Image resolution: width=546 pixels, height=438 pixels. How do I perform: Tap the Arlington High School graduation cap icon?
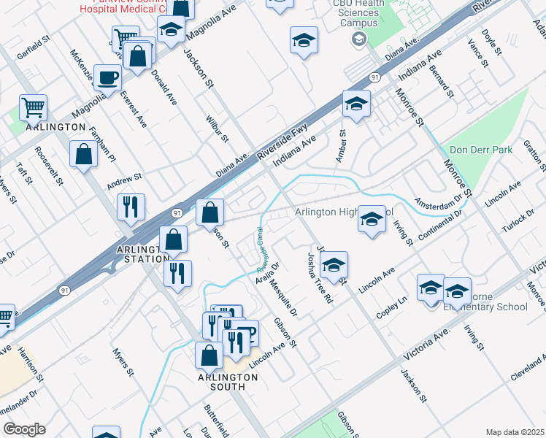pos(372,220)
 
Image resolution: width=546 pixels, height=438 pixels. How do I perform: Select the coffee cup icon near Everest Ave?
pos(108,77)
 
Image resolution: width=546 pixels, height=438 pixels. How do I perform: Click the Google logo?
pos(24,429)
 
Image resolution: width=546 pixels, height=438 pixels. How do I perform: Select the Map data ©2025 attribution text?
pos(515,432)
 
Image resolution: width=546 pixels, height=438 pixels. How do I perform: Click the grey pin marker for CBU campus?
pos(357,39)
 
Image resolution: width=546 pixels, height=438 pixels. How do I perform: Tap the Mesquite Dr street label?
pos(285,300)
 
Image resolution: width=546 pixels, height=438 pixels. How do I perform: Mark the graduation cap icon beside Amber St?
pos(356,104)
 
